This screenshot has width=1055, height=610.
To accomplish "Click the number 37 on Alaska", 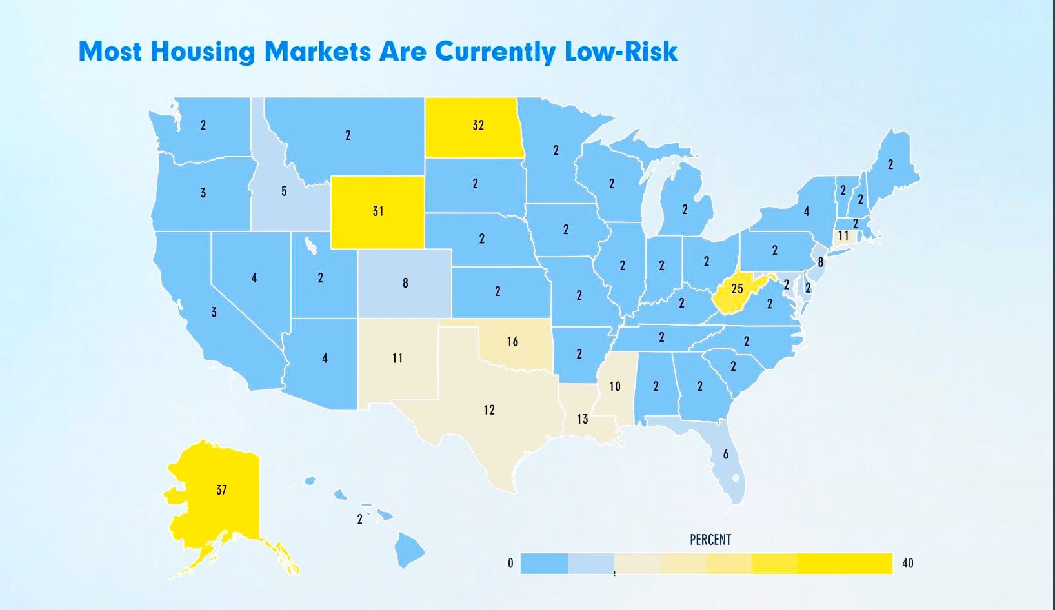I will click(x=221, y=490).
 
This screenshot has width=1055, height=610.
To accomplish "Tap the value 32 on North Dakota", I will click(x=478, y=125).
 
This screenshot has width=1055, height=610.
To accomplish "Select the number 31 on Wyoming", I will click(x=378, y=211).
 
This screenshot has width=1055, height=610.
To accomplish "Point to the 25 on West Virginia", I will click(x=737, y=289).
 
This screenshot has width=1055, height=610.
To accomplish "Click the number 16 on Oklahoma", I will click(x=512, y=341).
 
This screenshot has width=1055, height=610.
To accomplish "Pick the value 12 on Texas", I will click(x=489, y=409).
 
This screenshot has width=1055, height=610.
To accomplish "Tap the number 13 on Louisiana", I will click(x=582, y=419).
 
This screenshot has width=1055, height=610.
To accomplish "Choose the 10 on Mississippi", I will click(x=615, y=386).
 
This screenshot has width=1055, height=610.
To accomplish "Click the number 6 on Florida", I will click(x=726, y=455).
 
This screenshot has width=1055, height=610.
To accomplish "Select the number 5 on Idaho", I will click(x=284, y=192).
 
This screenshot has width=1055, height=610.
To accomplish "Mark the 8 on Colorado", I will click(x=405, y=282).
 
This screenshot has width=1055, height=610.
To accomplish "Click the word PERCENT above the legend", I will click(x=710, y=540).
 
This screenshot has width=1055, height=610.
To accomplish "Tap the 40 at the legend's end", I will click(x=907, y=563).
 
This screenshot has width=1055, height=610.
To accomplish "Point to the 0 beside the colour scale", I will click(x=510, y=563).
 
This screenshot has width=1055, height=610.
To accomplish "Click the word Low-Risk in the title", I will click(x=621, y=51).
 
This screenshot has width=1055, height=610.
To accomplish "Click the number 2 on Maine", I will click(x=890, y=164).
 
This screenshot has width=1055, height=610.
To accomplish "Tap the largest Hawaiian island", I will click(x=409, y=549).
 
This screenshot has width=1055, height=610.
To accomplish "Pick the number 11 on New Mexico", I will click(x=397, y=358).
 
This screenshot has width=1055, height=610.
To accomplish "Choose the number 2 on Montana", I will click(x=348, y=135).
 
